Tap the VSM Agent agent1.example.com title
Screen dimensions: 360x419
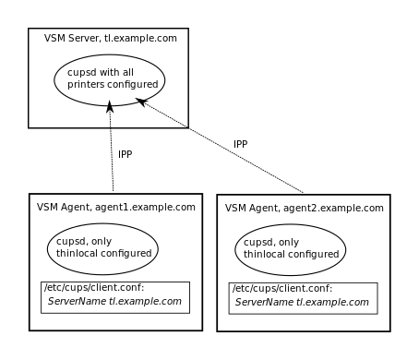(115, 208)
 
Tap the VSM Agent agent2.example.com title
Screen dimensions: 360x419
(304, 209)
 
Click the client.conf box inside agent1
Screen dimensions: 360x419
(115, 295)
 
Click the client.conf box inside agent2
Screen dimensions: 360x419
(303, 296)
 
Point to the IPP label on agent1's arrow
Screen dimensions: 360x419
(125, 154)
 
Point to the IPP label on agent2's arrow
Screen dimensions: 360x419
(240, 144)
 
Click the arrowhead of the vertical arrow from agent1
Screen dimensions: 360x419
(110, 107)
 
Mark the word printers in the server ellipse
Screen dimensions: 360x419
(88, 85)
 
